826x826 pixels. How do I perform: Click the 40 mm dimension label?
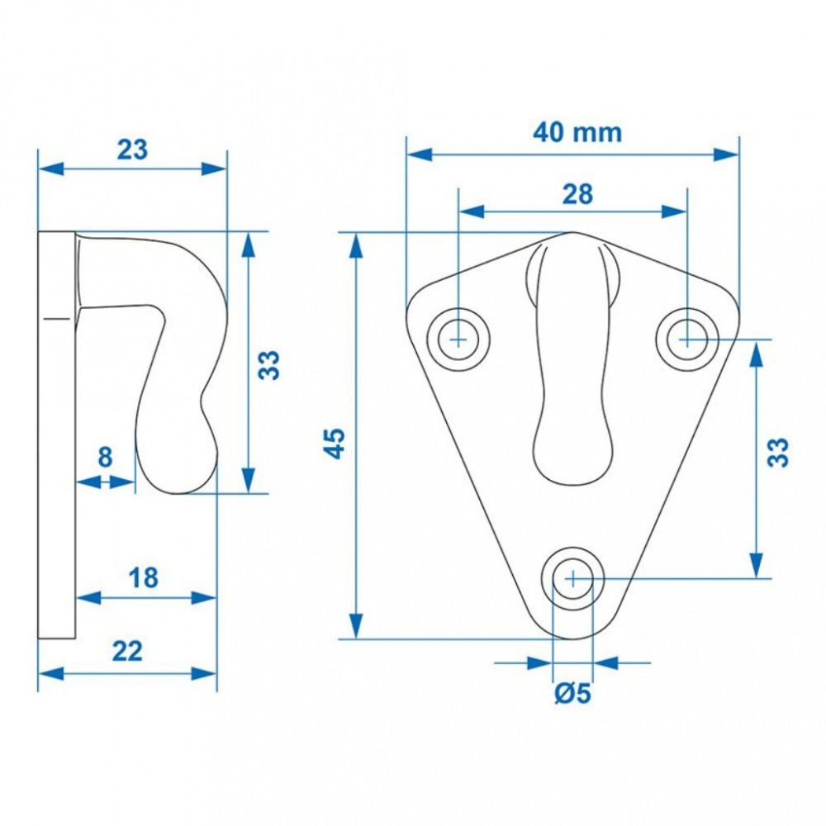point(577,132)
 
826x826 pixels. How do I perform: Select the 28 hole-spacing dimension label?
point(577,194)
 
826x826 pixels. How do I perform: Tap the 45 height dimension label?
point(335,444)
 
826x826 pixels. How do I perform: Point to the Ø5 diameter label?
point(572,693)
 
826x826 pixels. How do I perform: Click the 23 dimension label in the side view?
point(132,150)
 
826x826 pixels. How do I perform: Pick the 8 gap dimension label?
point(106,457)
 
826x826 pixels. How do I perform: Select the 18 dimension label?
point(143,578)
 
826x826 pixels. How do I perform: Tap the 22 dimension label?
point(127,652)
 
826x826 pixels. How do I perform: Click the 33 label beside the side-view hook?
point(269,364)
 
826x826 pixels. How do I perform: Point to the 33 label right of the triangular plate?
point(778,452)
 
